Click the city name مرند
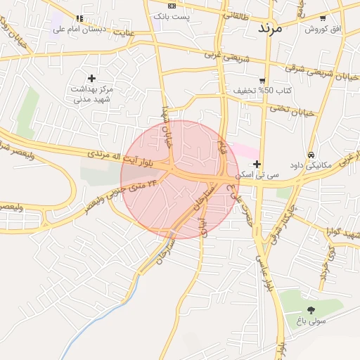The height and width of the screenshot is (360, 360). point(269,28)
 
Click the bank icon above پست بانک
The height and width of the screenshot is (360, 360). point(171,5)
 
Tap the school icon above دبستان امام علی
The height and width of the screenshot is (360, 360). point(79,18)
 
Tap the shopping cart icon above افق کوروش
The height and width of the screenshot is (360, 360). point(322,18)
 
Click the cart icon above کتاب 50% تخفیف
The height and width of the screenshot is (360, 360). point(262,80)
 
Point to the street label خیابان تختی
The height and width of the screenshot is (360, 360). point(291,110)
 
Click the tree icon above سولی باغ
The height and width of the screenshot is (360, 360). point(310,309)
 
